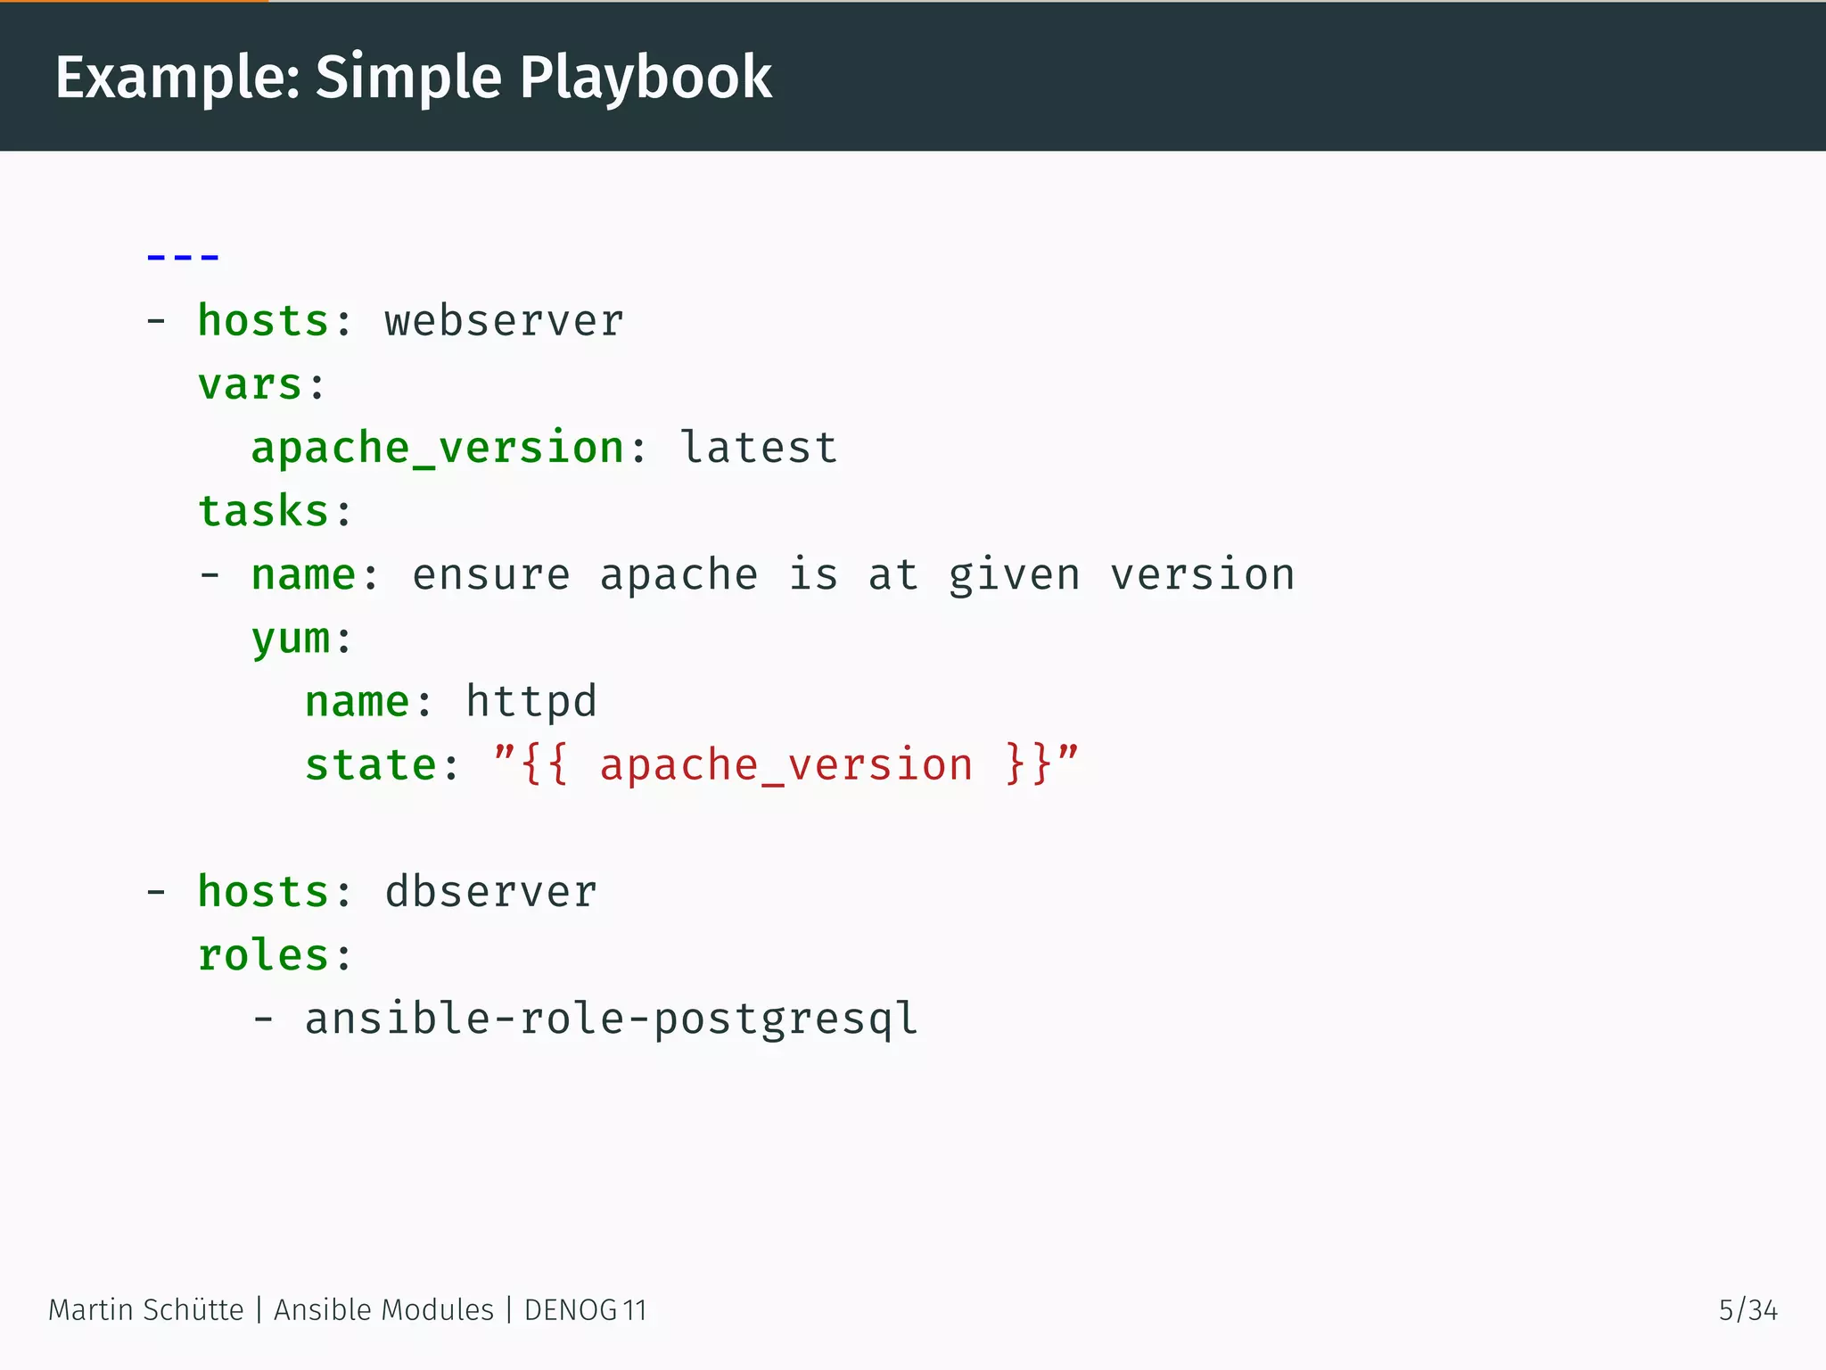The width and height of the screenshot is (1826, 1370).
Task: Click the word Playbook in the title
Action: click(x=646, y=78)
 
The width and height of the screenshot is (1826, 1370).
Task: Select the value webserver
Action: click(x=504, y=321)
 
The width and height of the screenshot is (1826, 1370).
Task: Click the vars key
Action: click(x=251, y=385)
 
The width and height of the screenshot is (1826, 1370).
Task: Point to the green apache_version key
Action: click(x=438, y=448)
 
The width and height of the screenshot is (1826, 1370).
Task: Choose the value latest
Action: click(x=759, y=448)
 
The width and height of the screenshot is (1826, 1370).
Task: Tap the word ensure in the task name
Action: click(x=490, y=575)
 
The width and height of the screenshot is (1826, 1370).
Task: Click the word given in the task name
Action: click(x=1014, y=575)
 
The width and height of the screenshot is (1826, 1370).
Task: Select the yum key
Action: click(x=291, y=639)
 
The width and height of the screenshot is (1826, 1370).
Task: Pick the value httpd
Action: click(x=531, y=702)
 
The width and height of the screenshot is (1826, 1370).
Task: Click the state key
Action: click(x=371, y=765)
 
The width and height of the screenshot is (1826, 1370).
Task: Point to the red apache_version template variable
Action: click(x=786, y=765)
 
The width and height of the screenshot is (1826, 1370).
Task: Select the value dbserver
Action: click(x=490, y=892)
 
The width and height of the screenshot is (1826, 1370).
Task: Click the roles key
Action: click(x=264, y=955)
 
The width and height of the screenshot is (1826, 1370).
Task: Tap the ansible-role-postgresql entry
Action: click(x=611, y=1019)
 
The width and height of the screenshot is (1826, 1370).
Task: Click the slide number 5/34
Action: click(x=1748, y=1310)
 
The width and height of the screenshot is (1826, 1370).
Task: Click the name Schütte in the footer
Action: click(x=193, y=1310)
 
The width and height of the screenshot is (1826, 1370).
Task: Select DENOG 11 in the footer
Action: click(x=585, y=1310)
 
